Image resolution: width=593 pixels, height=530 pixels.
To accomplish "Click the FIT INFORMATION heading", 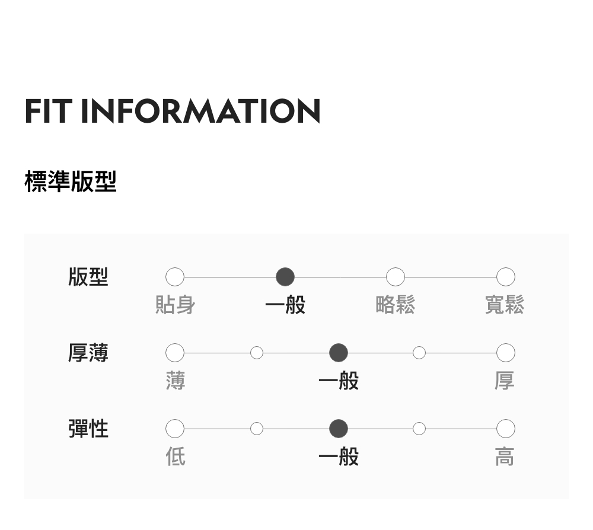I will click(173, 111).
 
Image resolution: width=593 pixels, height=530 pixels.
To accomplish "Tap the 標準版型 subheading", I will click(71, 181).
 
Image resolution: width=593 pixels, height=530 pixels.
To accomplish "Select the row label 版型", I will click(88, 277).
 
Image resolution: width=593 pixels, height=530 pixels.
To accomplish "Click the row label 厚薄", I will click(88, 353).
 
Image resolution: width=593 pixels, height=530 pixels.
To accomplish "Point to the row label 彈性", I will click(88, 428).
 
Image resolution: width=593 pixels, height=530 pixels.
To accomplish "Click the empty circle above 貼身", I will click(175, 277).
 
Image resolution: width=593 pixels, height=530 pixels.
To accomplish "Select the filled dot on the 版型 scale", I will click(285, 277).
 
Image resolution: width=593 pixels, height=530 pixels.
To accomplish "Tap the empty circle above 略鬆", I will click(396, 277).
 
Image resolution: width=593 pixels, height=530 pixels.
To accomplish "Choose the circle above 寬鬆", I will click(505, 277).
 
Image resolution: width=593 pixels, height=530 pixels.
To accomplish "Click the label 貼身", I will click(175, 305).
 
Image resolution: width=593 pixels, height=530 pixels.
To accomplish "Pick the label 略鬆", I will click(396, 305).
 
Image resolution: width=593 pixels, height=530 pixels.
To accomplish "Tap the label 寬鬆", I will click(505, 305).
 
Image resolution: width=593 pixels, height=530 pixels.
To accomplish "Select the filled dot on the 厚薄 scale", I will click(339, 353).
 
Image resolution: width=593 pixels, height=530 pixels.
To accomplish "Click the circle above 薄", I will click(175, 353).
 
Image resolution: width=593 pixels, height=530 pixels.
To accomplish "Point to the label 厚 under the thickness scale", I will click(505, 381).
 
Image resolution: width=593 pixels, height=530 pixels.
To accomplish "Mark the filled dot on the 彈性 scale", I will click(339, 428).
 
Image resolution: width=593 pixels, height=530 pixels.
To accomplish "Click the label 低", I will click(176, 456).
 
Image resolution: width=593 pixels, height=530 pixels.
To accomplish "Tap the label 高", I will click(505, 456).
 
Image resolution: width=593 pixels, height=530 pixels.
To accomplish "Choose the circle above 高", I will click(505, 428).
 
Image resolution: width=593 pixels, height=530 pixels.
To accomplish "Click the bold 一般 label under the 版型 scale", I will click(285, 305).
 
